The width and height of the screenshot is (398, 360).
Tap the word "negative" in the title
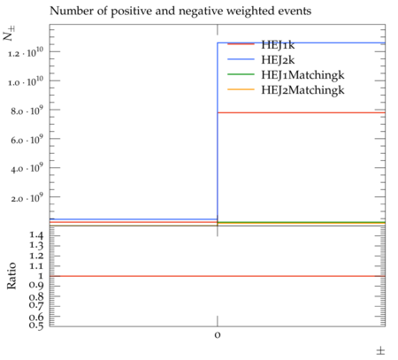coord(198,11)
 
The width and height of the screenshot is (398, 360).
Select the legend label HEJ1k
coord(278,45)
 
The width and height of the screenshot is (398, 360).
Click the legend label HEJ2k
coord(278,60)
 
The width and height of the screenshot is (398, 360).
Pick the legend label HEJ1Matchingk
coord(302,75)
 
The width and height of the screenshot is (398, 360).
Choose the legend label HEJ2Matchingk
coord(302,90)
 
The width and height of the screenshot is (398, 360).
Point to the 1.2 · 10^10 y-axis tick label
coord(26,52)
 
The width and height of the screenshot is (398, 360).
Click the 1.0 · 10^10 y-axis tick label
coord(26,81)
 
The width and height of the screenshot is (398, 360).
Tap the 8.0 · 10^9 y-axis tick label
coord(27,111)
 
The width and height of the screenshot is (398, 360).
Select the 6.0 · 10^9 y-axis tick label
coord(27,139)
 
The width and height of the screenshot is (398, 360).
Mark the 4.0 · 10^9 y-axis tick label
coord(27,168)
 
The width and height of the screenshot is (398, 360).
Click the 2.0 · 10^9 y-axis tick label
coord(27,197)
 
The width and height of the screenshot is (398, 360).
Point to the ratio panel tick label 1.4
coord(36,235)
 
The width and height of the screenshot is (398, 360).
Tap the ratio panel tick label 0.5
coord(36,325)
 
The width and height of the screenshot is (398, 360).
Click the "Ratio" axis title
coord(11,276)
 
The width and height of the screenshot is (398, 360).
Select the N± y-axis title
coord(9,33)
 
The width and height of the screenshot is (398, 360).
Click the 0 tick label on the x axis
coord(218,335)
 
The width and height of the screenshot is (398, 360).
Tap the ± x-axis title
coord(380,351)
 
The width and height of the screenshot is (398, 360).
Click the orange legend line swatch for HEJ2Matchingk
coord(241,89)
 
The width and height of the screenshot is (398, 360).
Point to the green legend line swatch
coord(241,74)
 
